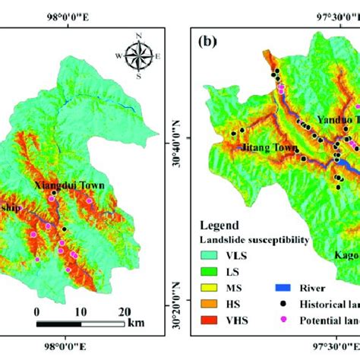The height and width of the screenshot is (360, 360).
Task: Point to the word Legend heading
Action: (x=220, y=226)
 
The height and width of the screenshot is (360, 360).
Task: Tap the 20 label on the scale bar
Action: (x=125, y=311)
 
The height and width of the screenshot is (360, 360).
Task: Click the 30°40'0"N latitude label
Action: (x=172, y=137)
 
